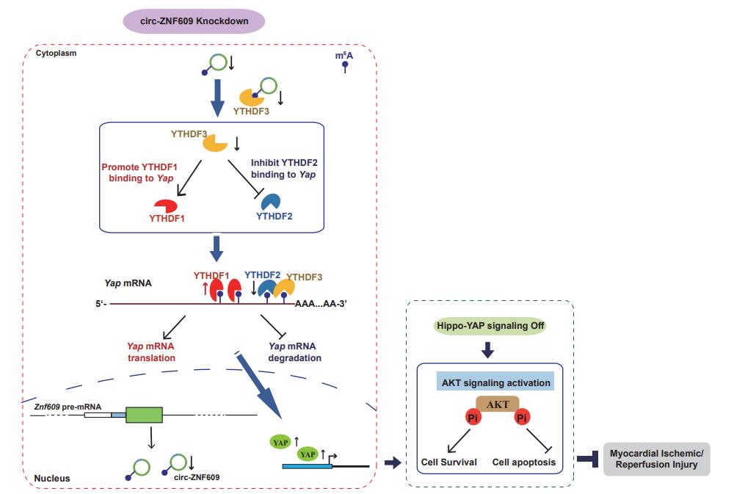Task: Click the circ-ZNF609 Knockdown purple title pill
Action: [194, 22]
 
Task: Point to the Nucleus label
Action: [52, 478]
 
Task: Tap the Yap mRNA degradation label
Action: [294, 352]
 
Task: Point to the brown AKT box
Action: [498, 404]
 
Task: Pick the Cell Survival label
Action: [448, 462]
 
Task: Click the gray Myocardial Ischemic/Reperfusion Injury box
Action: [656, 460]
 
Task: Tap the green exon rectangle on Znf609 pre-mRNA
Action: [144, 415]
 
